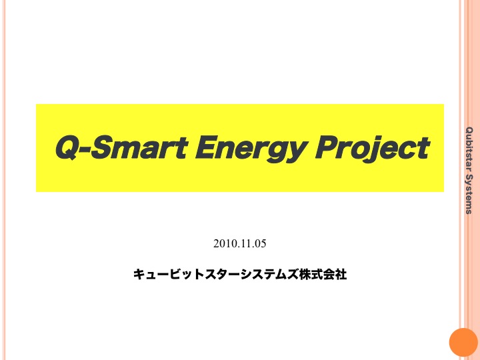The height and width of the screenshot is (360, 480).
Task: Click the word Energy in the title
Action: (x=250, y=149)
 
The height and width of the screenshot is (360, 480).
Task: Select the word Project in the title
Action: (x=373, y=149)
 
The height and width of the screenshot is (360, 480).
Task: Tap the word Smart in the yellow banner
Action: (x=139, y=148)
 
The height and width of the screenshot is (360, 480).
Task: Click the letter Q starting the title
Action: (x=67, y=148)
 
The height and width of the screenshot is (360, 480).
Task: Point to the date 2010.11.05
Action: (x=240, y=244)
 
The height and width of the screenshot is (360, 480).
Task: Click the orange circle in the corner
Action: (x=464, y=342)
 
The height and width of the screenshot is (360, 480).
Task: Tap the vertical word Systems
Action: (x=469, y=195)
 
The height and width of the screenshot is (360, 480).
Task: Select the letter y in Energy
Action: (x=294, y=152)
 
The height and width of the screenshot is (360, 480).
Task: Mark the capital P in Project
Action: (x=327, y=148)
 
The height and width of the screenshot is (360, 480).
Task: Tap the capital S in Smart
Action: (x=101, y=148)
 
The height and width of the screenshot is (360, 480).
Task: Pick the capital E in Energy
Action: (x=207, y=148)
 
